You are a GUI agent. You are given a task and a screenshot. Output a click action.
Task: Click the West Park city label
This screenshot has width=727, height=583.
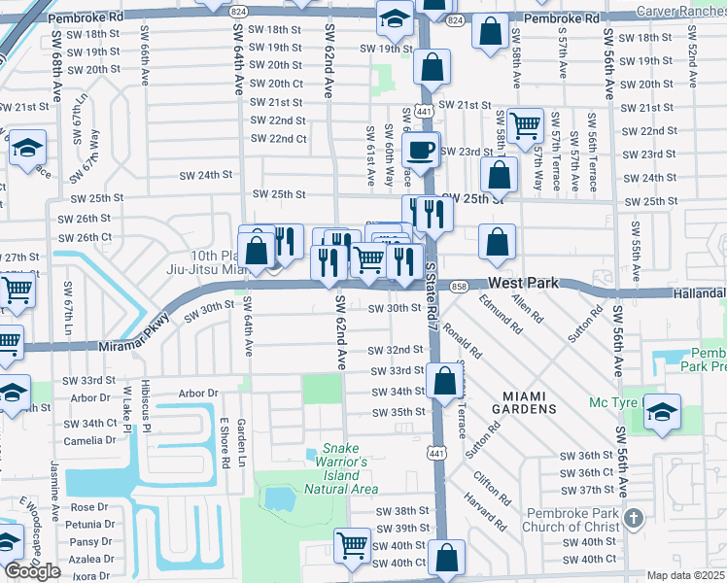click(523, 282)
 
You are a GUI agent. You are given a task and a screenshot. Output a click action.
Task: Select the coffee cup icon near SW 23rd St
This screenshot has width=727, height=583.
click(420, 151)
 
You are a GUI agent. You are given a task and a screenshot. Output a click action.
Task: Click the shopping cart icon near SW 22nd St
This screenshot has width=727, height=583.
click(525, 124)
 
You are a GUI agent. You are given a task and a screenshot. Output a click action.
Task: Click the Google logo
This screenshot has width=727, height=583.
click(32, 571)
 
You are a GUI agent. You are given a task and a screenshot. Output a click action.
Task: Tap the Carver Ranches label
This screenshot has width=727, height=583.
click(679, 11)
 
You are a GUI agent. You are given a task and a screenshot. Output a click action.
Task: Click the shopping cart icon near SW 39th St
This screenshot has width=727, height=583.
click(352, 545)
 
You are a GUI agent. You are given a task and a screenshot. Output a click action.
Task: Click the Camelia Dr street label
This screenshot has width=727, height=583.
click(89, 440)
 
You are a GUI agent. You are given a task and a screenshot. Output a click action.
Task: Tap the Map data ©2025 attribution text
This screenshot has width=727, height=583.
click(686, 575)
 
